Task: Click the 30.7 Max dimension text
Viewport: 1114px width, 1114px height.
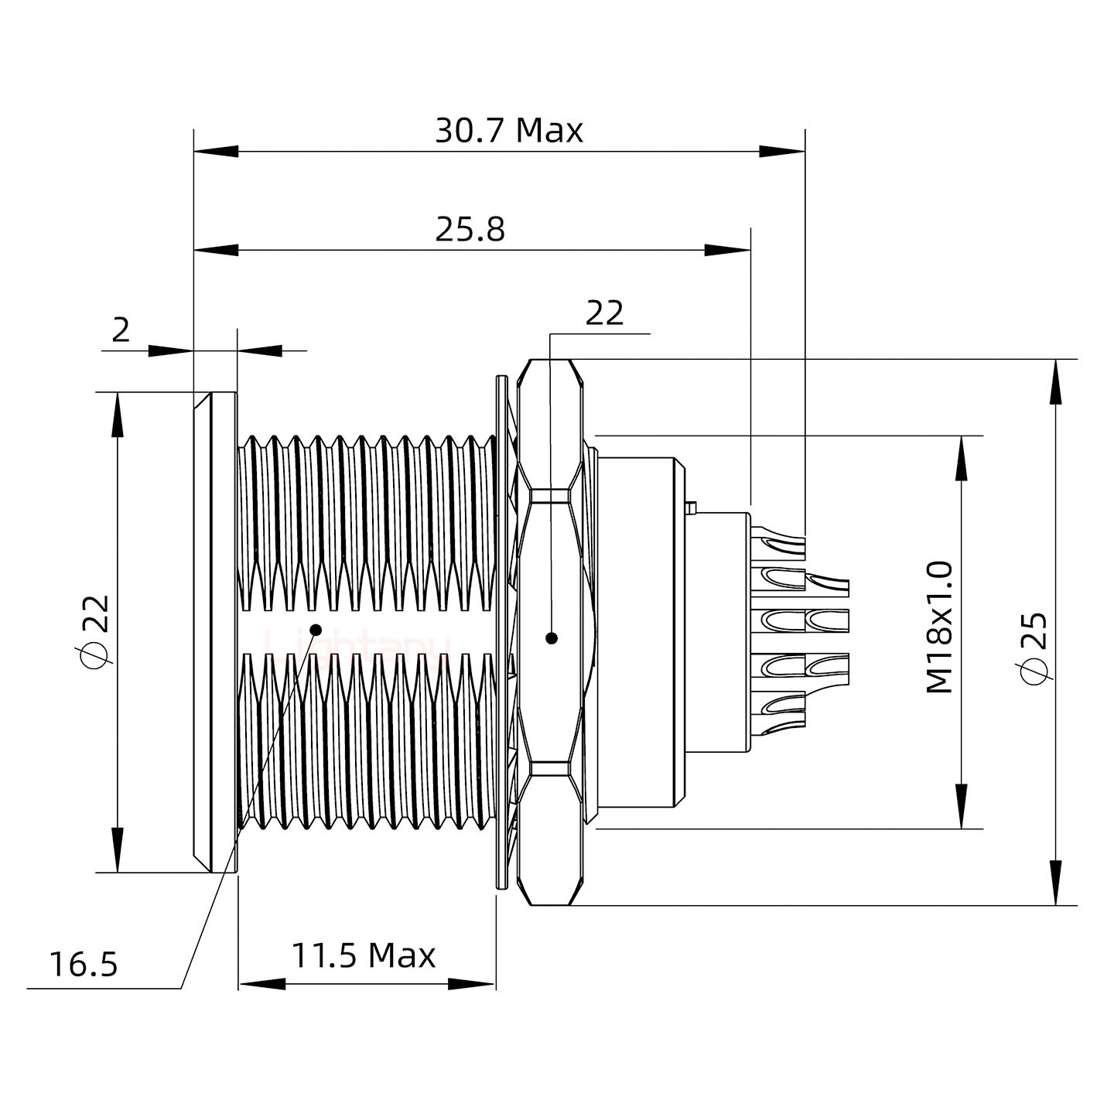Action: [x=508, y=131]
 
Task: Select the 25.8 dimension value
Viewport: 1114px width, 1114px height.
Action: [x=470, y=230]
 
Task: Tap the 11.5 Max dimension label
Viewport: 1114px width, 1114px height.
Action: [x=363, y=956]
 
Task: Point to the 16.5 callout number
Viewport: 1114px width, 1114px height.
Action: [x=84, y=965]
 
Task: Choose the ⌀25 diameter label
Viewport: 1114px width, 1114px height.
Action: [x=1034, y=648]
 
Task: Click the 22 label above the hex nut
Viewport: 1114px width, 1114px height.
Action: [x=604, y=313]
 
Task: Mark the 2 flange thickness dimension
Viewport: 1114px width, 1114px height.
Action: [x=121, y=330]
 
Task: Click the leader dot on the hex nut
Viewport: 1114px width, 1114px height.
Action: [x=551, y=638]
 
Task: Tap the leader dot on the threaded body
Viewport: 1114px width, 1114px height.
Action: [x=316, y=629]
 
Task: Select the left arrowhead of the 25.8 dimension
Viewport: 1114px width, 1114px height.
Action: [x=217, y=250]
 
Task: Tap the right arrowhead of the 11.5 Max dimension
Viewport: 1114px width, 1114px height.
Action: [x=472, y=984]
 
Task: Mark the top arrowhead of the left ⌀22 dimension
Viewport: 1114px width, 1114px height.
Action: [x=118, y=415]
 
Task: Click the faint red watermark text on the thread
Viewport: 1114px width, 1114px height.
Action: [x=356, y=644]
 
